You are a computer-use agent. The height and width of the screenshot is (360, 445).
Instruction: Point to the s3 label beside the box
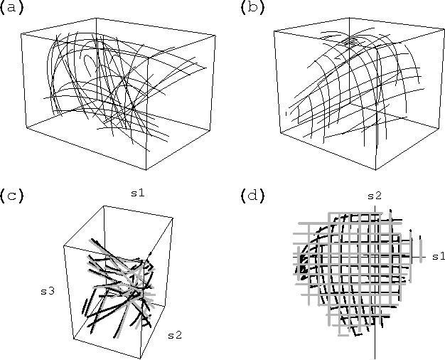(x=48, y=290)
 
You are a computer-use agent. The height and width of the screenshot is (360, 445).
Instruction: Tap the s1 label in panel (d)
(x=437, y=255)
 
